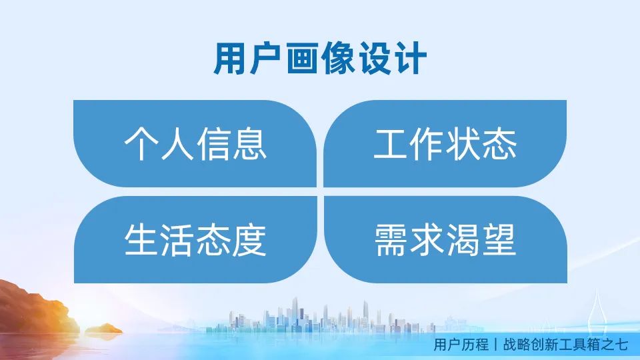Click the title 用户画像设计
(320, 59)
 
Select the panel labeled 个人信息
(195, 144)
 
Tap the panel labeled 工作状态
(445, 144)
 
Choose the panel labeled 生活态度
(195, 239)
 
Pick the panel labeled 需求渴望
(445, 239)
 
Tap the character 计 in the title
(411, 59)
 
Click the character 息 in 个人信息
(250, 144)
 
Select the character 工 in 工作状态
(390, 144)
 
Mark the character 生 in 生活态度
(141, 239)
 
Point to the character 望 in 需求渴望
(499, 239)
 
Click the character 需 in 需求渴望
(391, 239)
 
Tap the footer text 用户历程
(461, 345)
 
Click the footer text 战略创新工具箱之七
(566, 345)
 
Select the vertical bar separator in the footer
(496, 345)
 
